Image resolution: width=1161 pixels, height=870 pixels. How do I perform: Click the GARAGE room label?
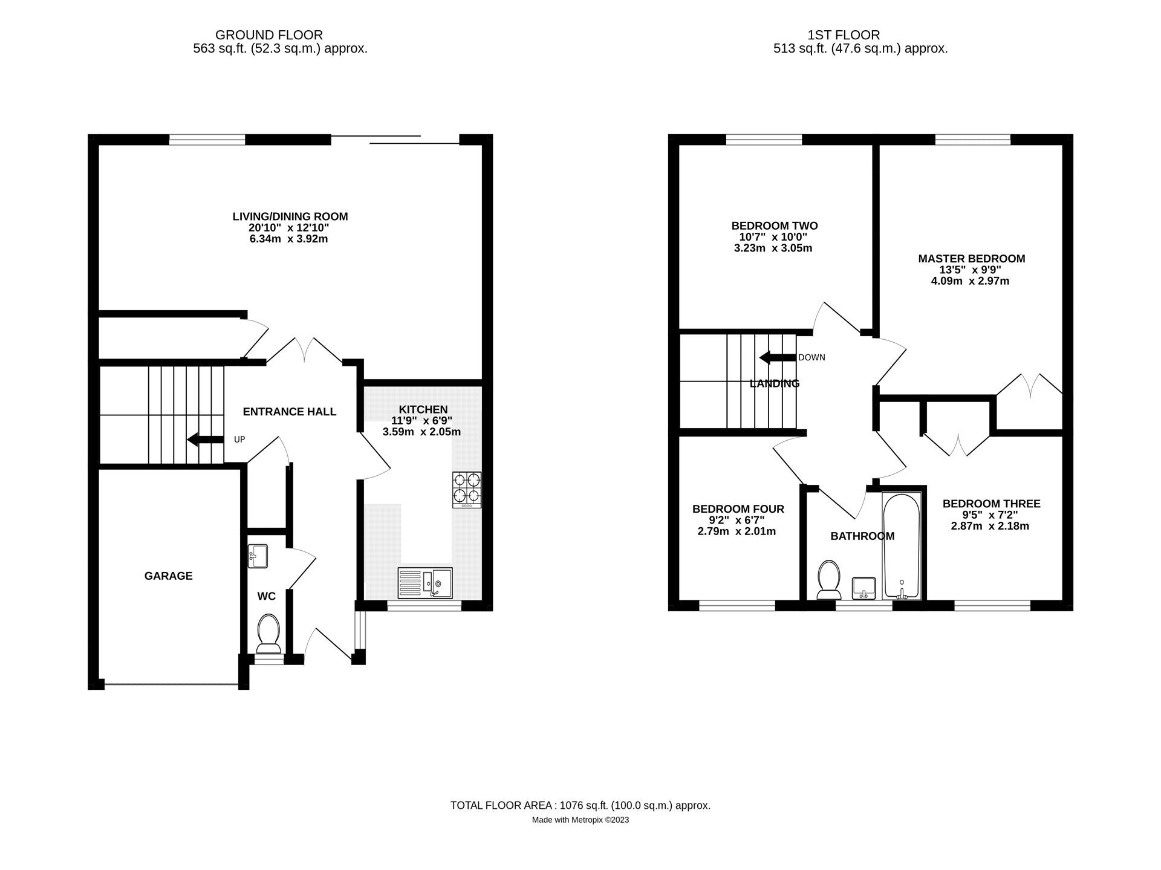(x=168, y=576)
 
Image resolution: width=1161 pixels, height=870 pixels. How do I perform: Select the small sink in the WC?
(x=258, y=556)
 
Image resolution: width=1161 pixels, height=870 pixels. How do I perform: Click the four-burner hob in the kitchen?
(x=467, y=490)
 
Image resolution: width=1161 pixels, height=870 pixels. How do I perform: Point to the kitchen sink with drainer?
(x=425, y=583)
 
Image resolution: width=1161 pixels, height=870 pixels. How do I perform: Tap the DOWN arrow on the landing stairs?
(x=778, y=357)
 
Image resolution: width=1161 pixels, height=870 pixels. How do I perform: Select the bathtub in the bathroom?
(x=902, y=545)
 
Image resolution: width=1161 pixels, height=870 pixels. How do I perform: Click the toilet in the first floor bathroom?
(x=828, y=579)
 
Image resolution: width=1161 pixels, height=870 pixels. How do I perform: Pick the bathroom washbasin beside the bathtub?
(x=863, y=588)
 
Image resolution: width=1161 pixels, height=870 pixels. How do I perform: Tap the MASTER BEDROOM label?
(x=972, y=259)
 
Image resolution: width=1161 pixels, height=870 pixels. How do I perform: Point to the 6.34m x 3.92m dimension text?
(x=289, y=239)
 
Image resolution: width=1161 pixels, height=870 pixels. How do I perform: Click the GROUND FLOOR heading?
(x=269, y=35)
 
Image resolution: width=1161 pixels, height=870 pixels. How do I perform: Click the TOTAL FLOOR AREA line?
(x=580, y=805)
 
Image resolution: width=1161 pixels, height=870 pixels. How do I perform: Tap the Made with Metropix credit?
(x=580, y=820)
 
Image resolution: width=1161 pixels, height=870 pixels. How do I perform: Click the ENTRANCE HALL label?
(x=290, y=412)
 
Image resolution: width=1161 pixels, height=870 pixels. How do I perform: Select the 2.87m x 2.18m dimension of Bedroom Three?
(x=990, y=526)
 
